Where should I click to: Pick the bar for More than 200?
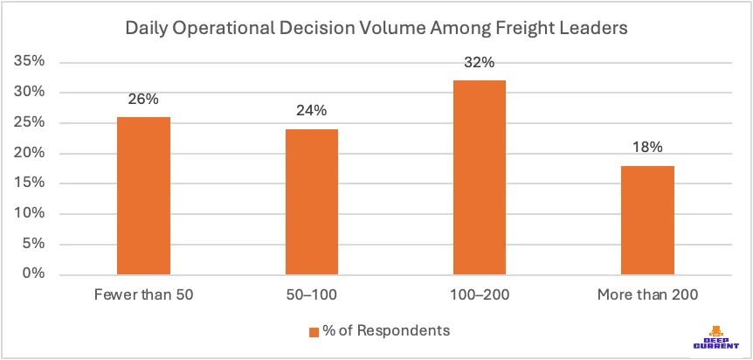point(646,220)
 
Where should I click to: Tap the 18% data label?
point(646,148)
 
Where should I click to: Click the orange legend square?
point(313,331)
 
